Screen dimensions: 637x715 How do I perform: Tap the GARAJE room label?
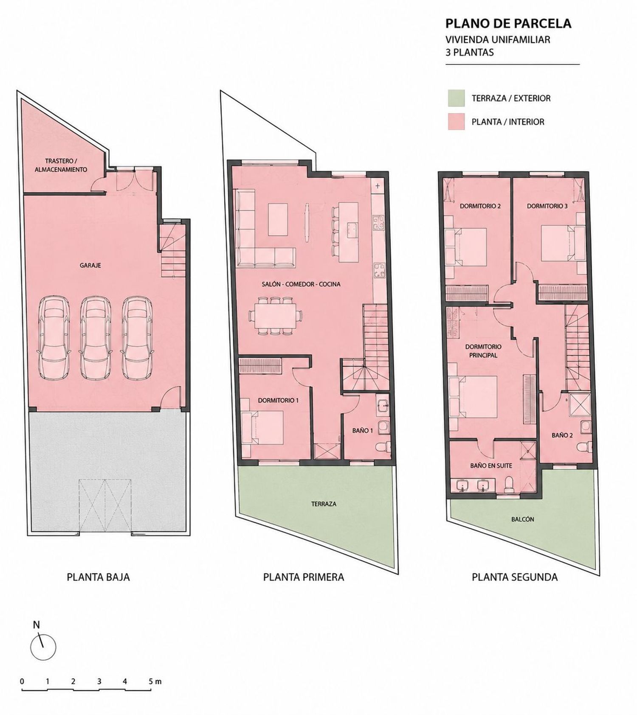pyautogui.click(x=90, y=266)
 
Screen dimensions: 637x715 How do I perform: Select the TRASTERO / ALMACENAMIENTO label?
pyautogui.click(x=61, y=165)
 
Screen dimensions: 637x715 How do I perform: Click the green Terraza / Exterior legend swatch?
pyautogui.click(x=456, y=98)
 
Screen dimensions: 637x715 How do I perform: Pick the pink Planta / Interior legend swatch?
pyautogui.click(x=456, y=122)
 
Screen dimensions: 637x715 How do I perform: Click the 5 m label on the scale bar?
pyautogui.click(x=155, y=682)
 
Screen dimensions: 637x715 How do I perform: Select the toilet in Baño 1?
pyautogui.click(x=382, y=447)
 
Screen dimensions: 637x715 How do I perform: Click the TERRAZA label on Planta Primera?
pyautogui.click(x=324, y=504)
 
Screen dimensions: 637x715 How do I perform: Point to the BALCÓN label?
pyautogui.click(x=523, y=519)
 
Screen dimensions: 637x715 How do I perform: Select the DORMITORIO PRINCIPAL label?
pyautogui.click(x=483, y=351)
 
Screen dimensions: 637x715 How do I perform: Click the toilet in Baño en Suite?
pyautogui.click(x=509, y=484)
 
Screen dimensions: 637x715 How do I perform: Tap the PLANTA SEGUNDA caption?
pyautogui.click(x=515, y=577)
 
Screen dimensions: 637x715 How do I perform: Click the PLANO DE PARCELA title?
pyautogui.click(x=508, y=23)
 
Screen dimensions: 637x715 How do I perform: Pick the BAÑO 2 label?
pyautogui.click(x=562, y=435)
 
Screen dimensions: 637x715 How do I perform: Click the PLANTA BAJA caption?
pyautogui.click(x=98, y=577)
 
